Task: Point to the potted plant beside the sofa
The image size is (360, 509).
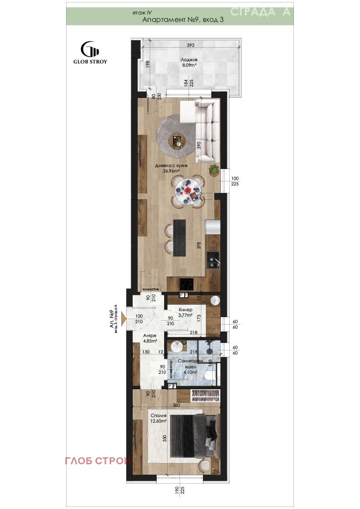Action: point(214,170)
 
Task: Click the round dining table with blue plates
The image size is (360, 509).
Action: point(188,189)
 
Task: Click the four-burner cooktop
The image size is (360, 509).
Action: point(187,284)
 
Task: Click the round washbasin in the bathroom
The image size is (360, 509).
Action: point(175,345)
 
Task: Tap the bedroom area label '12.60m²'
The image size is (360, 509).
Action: point(159,422)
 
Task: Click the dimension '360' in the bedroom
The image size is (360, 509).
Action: point(176,405)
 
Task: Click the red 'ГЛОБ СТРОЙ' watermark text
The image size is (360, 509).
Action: point(98,461)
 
